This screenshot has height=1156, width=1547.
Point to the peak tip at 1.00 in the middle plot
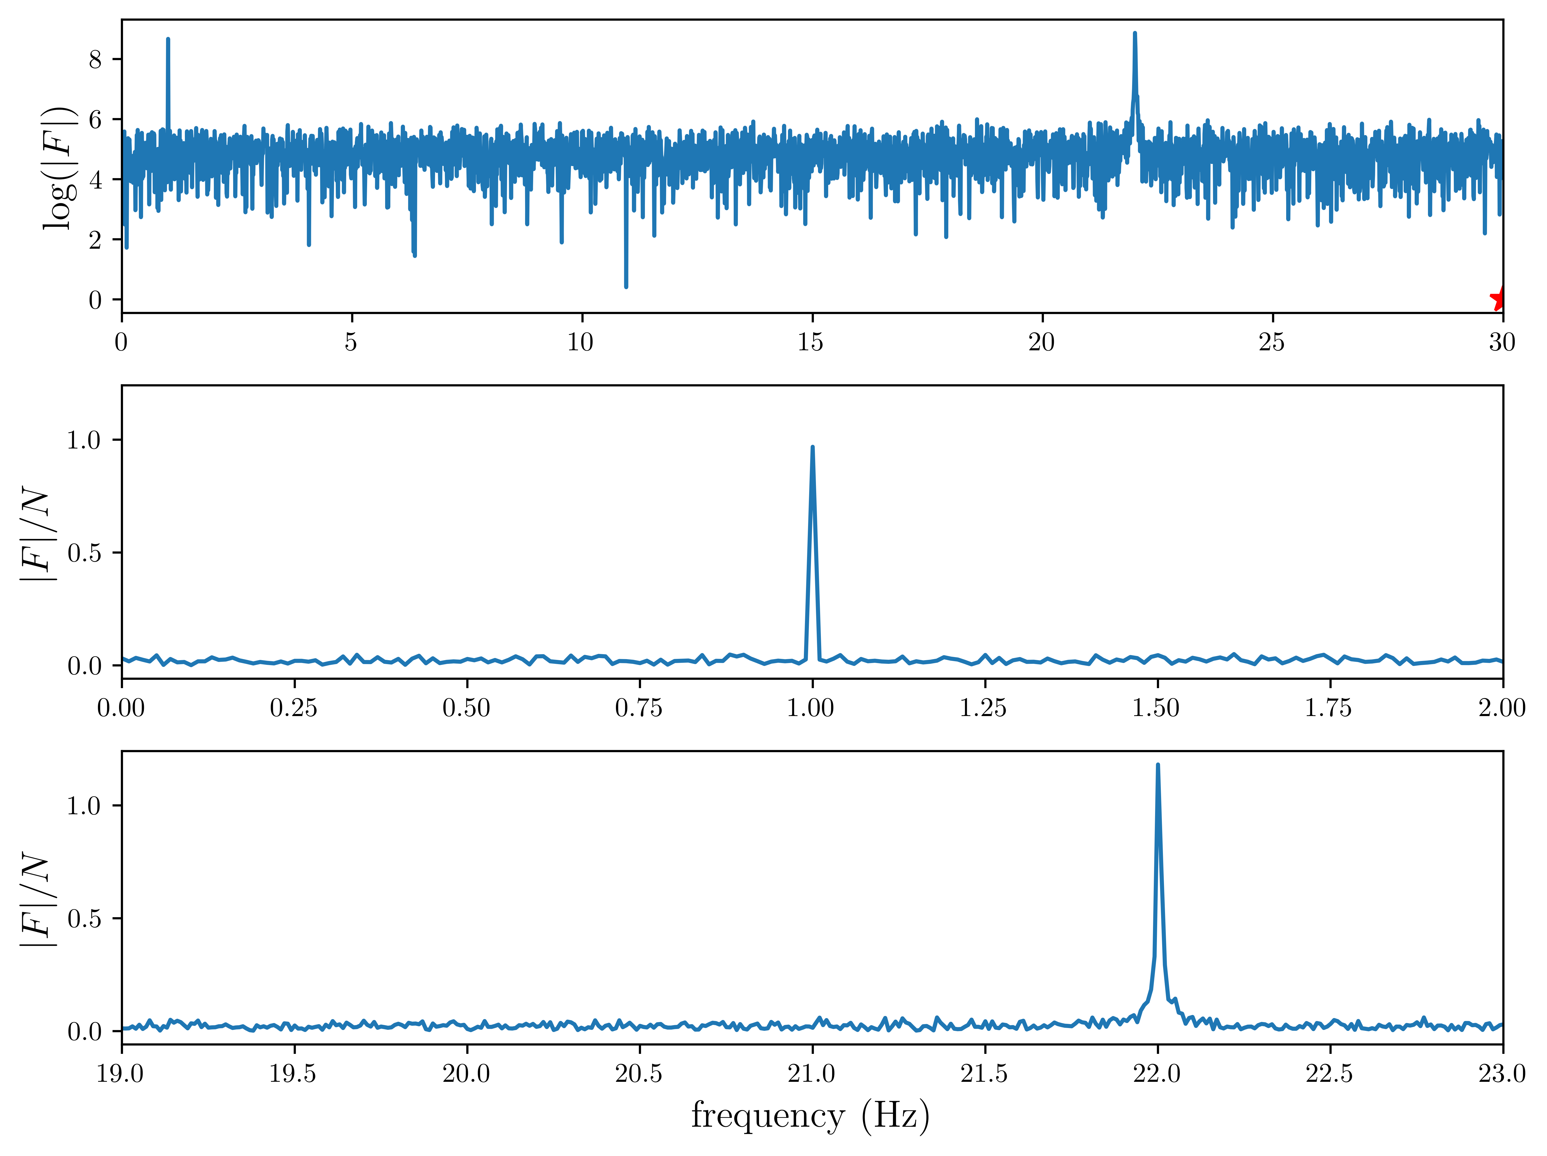pyautogui.click(x=812, y=447)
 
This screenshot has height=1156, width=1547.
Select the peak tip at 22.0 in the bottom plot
pyautogui.click(x=1157, y=765)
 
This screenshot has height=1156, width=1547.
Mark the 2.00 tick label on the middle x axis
pyautogui.click(x=1502, y=708)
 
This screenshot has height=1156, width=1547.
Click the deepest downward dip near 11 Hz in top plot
pyautogui.click(x=626, y=286)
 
